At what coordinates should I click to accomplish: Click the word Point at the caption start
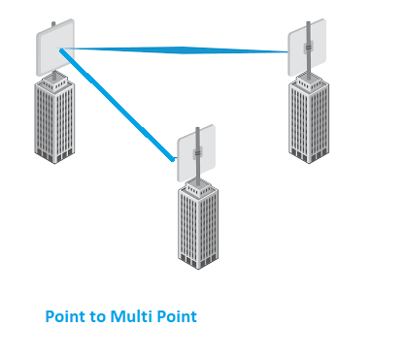point(66,316)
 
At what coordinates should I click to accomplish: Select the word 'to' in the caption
point(98,317)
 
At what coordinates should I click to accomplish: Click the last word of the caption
point(177,316)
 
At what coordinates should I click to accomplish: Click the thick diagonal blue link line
point(118,105)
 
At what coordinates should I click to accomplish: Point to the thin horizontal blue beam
point(174,50)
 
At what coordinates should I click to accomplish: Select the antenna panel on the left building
point(55,48)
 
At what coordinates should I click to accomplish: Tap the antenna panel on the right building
point(307,48)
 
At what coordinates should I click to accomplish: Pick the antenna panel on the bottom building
point(196,153)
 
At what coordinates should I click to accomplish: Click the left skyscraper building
point(54,118)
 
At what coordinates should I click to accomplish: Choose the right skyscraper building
point(309,118)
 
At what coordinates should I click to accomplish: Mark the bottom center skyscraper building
point(198,224)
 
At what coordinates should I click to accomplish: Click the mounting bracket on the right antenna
point(308,48)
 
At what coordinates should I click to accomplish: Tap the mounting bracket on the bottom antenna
point(197,152)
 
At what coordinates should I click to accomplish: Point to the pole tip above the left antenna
point(53,23)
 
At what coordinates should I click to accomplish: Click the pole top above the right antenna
point(308,22)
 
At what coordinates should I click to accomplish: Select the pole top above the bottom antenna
point(197,129)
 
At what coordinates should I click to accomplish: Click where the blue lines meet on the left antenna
point(60,49)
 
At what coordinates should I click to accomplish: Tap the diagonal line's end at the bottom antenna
point(174,159)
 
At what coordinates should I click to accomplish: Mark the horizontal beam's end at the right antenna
point(288,51)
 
